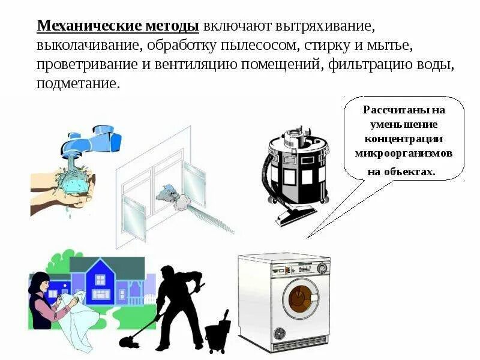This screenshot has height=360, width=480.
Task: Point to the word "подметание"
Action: tap(77, 83)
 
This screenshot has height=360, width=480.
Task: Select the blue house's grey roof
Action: tap(108, 265)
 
